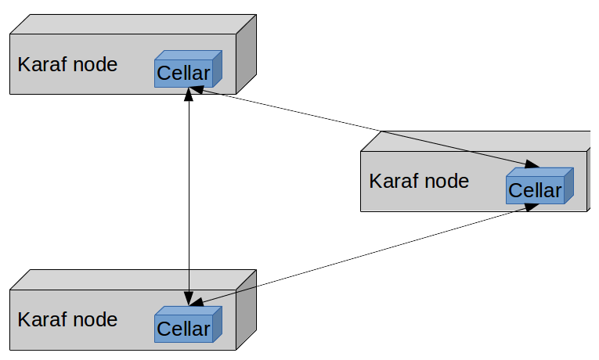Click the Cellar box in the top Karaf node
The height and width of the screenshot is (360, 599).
click(184, 73)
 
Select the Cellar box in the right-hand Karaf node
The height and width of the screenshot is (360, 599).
click(536, 189)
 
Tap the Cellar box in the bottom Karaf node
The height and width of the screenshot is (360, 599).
click(184, 328)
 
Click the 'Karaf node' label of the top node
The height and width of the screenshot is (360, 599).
click(67, 64)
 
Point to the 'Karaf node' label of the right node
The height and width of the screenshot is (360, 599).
click(419, 181)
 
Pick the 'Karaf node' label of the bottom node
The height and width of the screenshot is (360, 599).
click(67, 319)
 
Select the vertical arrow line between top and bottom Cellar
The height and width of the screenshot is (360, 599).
click(188, 196)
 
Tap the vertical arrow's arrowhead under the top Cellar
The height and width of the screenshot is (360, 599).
click(188, 95)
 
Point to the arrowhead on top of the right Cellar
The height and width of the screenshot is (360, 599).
click(530, 164)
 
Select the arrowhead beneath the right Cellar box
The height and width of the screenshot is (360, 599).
click(529, 207)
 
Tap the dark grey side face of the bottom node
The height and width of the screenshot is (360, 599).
click(247, 309)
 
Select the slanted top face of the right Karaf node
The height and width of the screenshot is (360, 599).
click(478, 141)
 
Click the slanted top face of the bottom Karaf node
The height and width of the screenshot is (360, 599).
click(133, 279)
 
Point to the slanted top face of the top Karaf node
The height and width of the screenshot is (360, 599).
click(133, 23)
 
